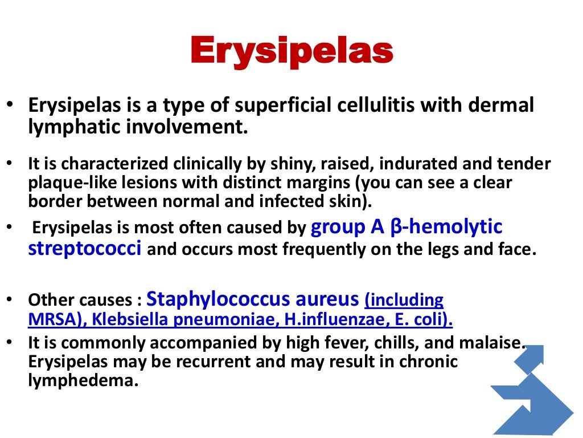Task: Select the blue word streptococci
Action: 85,249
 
